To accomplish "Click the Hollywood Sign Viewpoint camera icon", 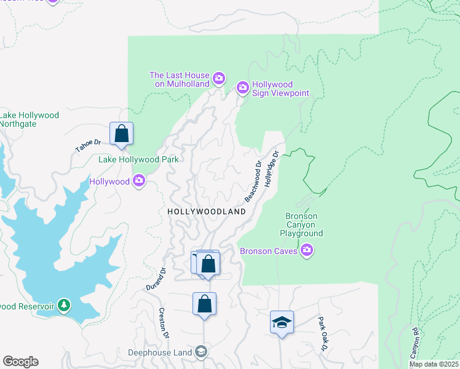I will coord(243,89).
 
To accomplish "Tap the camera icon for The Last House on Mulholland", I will coord(219,79).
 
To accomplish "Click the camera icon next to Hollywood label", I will coord(139,181).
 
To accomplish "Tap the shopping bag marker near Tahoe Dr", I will coord(122,133).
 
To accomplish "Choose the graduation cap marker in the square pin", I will coord(282,322).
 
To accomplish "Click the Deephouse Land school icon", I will coord(200,352).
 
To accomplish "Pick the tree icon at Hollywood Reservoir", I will coord(64,306).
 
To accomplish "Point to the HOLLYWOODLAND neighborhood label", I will coord(207,212).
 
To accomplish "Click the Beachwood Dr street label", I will coord(253,181).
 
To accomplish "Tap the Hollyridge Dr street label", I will coord(272,170).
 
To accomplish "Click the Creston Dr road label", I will coord(164,323).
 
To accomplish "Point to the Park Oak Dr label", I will coord(323,335).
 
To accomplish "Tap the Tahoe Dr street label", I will coord(87,146).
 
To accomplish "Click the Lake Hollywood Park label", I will coord(139,159).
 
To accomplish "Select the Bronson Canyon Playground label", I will coord(301,225).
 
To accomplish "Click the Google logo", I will coord(20,362).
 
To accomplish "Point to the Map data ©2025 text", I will coord(434,364).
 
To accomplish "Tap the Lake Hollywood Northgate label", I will coord(29,119).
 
